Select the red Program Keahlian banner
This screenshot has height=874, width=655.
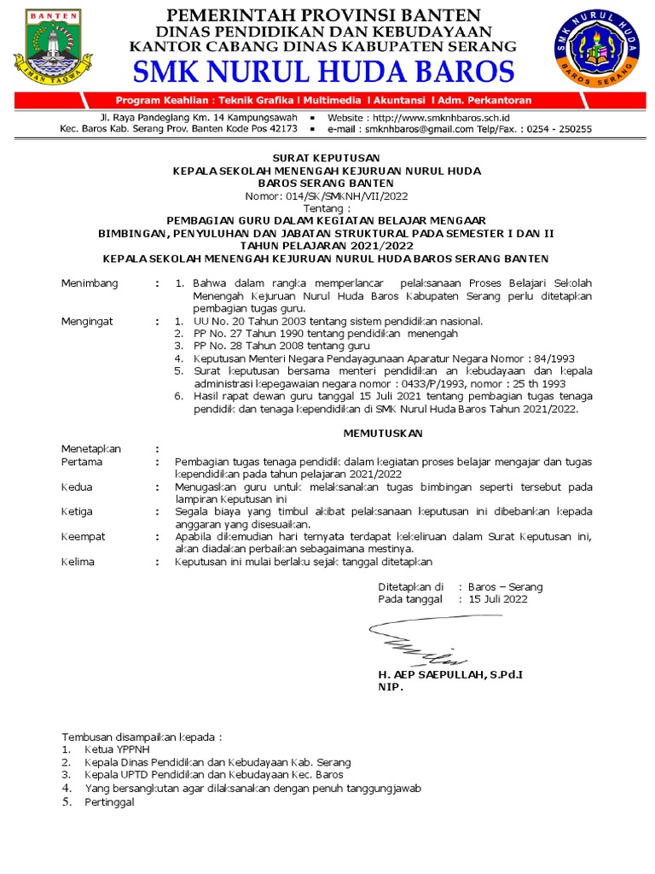(x=324, y=100)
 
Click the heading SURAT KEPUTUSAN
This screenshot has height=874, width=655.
(x=327, y=159)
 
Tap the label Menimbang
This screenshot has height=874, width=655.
(x=90, y=283)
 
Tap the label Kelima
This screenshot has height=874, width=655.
(x=78, y=562)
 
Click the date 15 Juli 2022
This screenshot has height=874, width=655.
(x=498, y=599)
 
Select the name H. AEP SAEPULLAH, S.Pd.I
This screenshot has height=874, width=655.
(x=449, y=674)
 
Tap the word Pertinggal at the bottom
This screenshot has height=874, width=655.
(x=109, y=802)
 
